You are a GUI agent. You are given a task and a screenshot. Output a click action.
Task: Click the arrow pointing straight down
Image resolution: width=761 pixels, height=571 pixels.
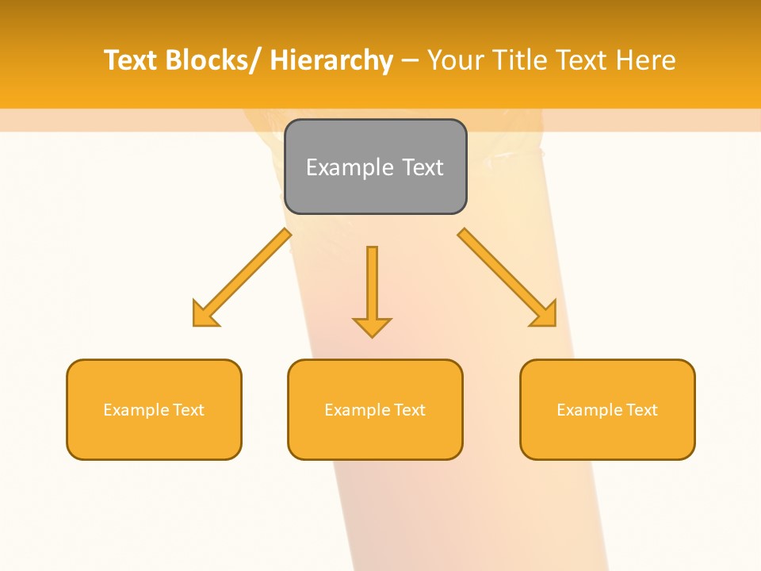(x=372, y=289)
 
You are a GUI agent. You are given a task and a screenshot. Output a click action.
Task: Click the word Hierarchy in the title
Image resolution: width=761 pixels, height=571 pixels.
(x=331, y=60)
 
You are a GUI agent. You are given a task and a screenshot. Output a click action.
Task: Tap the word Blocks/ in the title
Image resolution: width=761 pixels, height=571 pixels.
(x=212, y=60)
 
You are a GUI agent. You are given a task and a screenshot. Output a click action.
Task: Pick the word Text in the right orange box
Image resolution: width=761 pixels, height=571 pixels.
(x=641, y=410)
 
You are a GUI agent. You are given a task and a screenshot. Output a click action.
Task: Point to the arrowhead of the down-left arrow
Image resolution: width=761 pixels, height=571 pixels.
(x=204, y=316)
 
